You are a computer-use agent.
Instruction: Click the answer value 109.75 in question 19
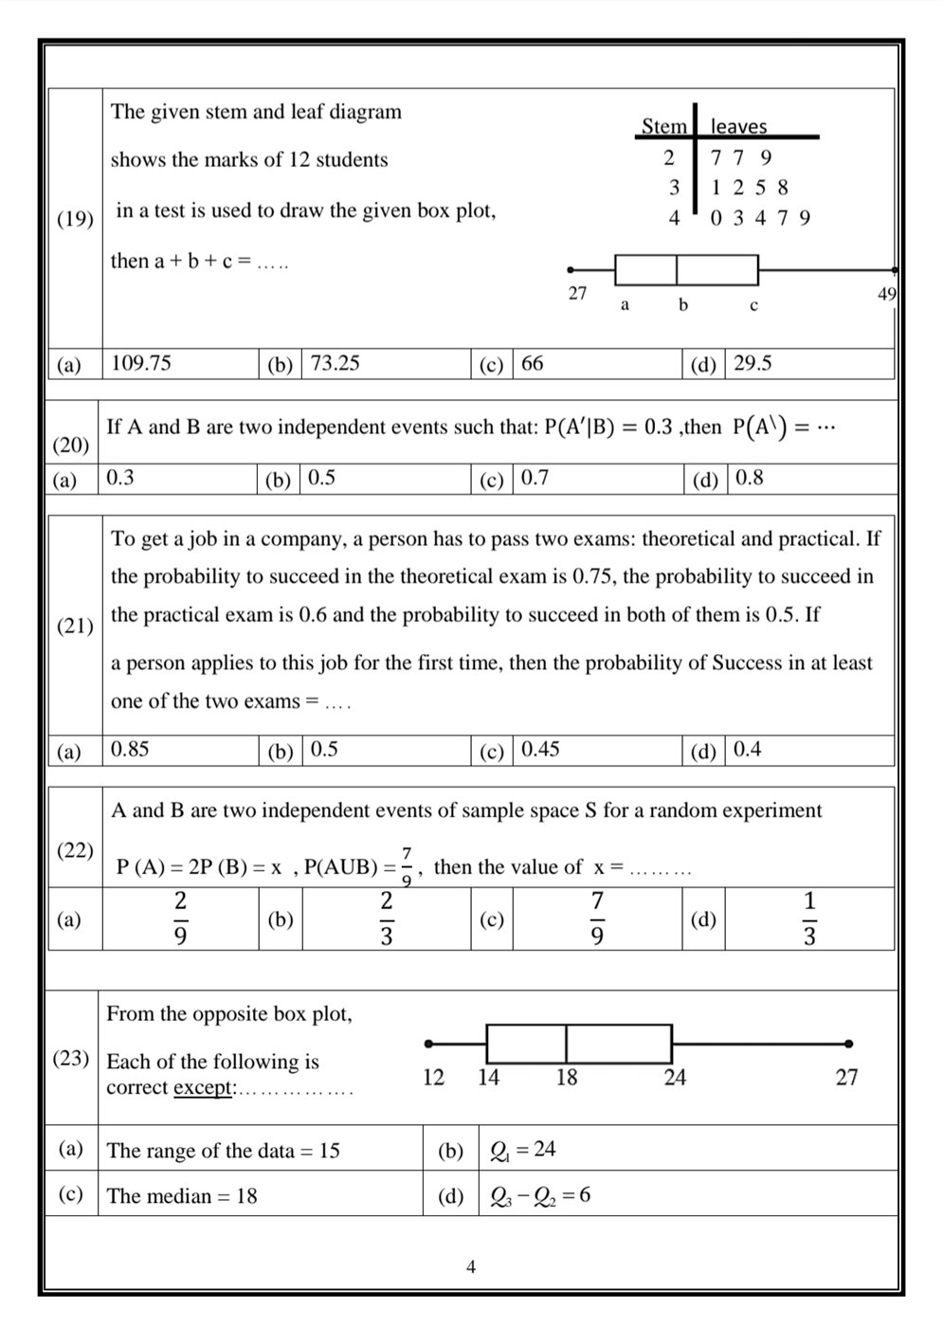(141, 363)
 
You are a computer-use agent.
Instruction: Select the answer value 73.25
(335, 363)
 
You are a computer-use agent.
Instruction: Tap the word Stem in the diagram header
(663, 126)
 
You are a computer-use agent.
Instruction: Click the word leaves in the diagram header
(738, 126)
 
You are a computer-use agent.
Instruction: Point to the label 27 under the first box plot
(577, 293)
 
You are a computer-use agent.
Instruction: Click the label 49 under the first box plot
(887, 294)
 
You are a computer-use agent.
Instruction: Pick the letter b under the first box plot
(682, 305)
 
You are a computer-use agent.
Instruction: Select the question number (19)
(75, 219)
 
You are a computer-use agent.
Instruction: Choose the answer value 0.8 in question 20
(749, 478)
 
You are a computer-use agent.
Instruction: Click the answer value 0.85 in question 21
(130, 749)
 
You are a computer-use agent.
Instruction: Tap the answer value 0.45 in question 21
(540, 749)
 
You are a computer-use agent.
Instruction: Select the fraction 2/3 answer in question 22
(387, 918)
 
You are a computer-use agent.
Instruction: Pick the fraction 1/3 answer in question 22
(809, 918)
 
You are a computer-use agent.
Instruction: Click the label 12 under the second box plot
(433, 1077)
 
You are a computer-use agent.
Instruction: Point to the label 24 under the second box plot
(675, 1077)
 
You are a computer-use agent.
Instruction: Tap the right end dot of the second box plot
(848, 1044)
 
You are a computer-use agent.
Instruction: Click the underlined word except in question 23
(203, 1087)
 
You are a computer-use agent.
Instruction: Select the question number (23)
(71, 1058)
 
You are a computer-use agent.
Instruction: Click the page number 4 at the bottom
(471, 1266)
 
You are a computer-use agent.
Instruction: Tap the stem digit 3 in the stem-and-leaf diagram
(674, 188)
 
